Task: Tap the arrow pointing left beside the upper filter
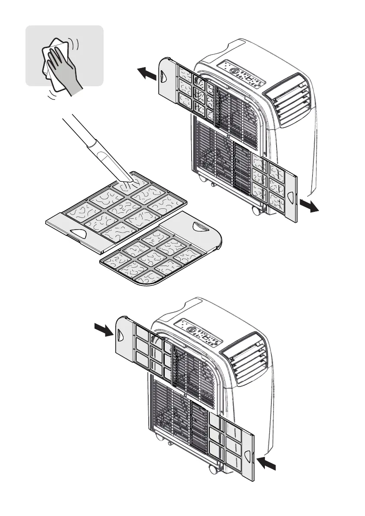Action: coord(147,73)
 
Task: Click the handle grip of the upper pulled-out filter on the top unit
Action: coord(163,77)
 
